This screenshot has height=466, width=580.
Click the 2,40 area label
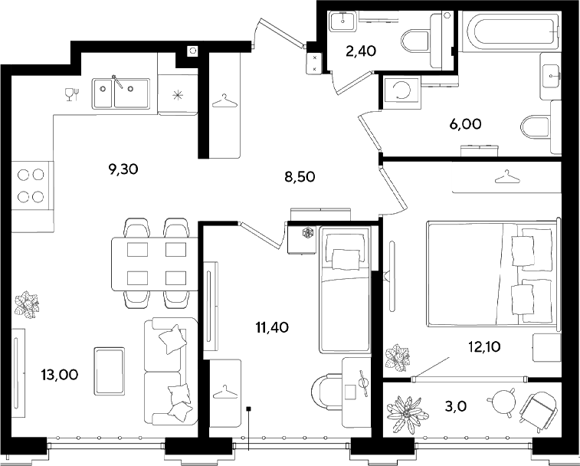pos(361,51)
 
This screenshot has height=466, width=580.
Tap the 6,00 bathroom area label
pos(465,124)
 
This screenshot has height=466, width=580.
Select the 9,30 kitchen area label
pos(123,169)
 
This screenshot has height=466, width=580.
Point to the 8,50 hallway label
pos(300,177)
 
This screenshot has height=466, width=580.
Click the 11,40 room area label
pos(272,327)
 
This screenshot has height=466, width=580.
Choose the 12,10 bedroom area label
pos(484,346)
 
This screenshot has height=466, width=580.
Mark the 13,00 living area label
pos(60,375)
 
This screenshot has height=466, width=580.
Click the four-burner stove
pos(32,185)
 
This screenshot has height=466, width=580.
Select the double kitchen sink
pos(121,94)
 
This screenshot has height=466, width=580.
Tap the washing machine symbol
pos(401,91)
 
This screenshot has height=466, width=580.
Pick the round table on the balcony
pos(501,401)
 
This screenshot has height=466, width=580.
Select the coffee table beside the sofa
pos(109,371)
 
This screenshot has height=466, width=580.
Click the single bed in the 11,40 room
pos(344,290)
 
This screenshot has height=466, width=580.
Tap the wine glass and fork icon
pos(72,94)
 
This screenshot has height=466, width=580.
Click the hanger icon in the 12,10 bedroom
pos(507,176)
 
